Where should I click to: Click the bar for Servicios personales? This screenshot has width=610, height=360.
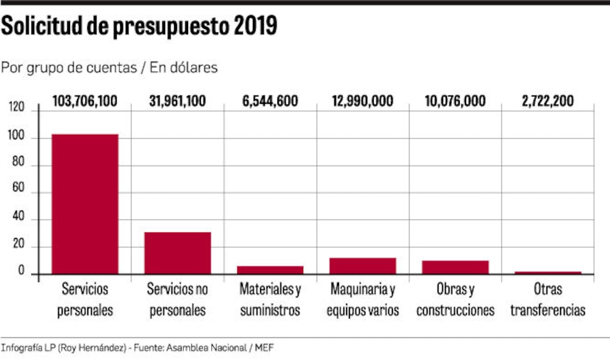[x=85, y=204]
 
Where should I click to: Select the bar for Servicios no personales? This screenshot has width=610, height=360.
[x=177, y=253]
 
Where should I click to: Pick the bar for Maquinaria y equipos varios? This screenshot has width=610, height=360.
[x=363, y=266]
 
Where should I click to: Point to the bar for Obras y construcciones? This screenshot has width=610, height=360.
[x=455, y=268]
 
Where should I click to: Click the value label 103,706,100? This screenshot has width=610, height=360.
[x=85, y=101]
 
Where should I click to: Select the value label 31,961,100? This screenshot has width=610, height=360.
[x=177, y=101]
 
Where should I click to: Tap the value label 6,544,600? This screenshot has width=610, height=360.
[x=270, y=101]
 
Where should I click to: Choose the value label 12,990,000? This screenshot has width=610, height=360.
[x=363, y=101]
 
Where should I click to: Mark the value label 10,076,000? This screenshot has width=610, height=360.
[x=455, y=101]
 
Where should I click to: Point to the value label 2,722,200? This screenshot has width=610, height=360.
[x=548, y=101]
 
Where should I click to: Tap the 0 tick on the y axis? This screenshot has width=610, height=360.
[x=21, y=273]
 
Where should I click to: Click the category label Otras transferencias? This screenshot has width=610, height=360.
[x=548, y=300]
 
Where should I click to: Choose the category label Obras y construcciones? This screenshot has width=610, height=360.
[x=455, y=300]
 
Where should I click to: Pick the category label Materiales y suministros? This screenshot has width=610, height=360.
[x=270, y=300]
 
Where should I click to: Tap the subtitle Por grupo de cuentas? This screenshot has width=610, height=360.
[x=69, y=67]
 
